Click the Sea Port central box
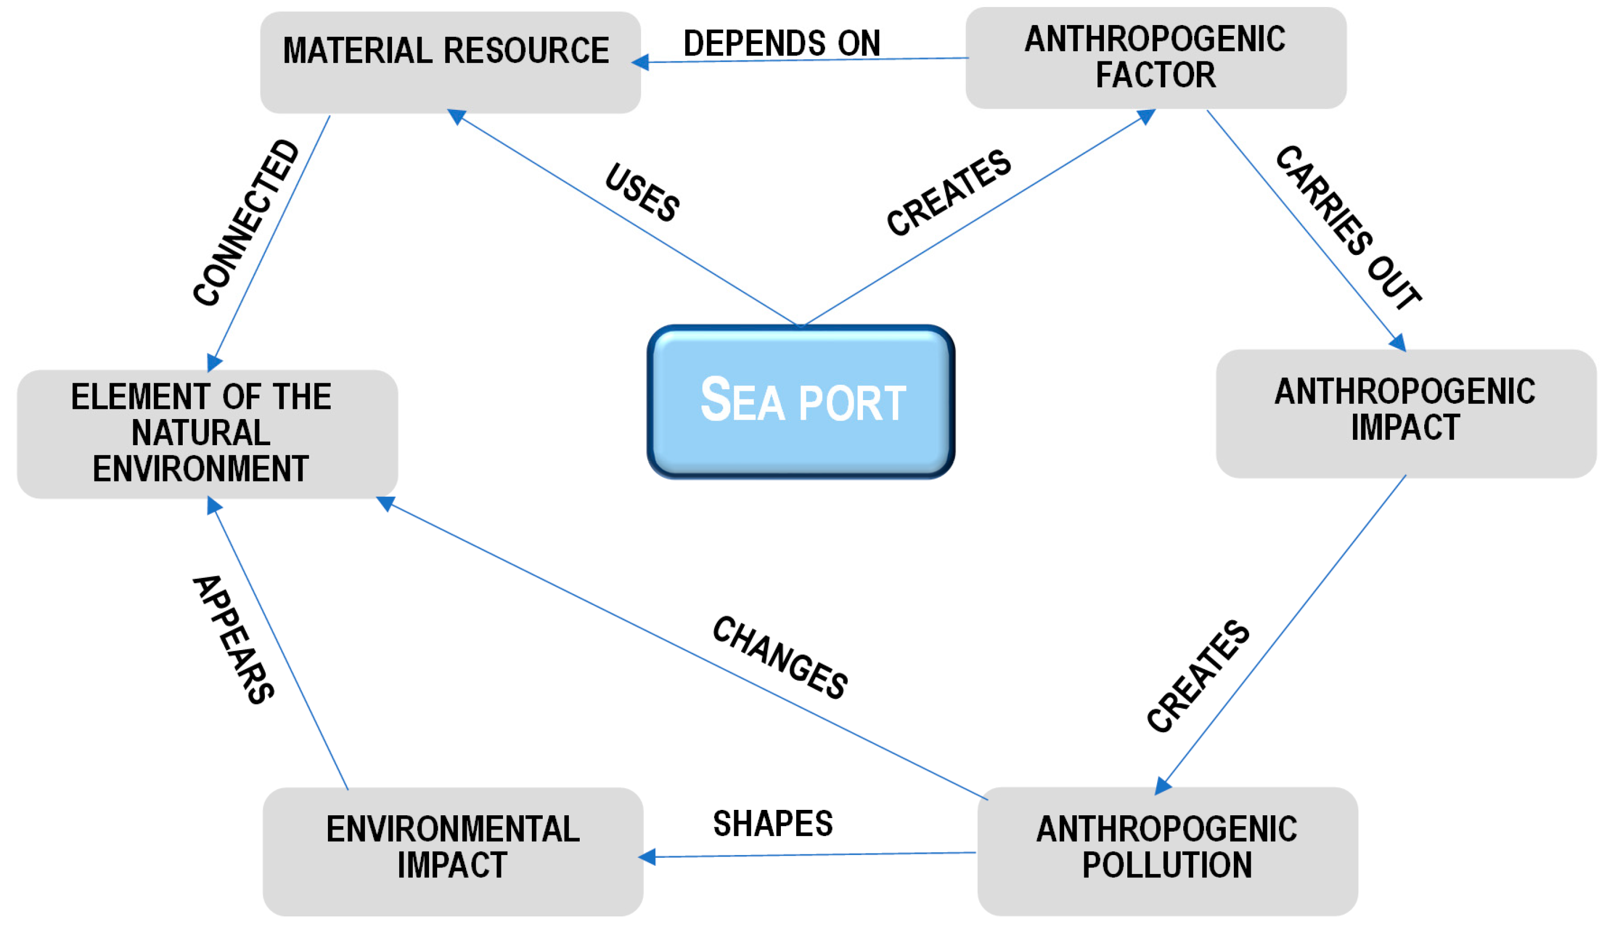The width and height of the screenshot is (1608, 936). click(801, 402)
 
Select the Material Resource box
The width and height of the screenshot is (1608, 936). click(450, 62)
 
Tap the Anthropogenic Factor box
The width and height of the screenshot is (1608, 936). click(1156, 58)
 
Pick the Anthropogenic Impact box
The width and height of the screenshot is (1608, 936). click(1406, 413)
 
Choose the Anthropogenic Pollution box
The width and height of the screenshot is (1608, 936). click(1167, 851)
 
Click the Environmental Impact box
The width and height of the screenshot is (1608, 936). click(452, 851)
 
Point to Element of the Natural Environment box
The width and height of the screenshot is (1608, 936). click(207, 434)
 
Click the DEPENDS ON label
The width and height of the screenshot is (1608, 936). click(781, 43)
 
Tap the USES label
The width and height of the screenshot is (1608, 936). click(642, 192)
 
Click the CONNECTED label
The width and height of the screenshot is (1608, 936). click(246, 222)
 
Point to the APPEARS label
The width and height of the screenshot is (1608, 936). click(233, 640)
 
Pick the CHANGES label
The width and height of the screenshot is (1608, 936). click(780, 657)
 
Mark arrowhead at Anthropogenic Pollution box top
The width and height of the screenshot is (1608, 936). click(1163, 785)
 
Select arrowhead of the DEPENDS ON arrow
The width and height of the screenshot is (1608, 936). click(640, 63)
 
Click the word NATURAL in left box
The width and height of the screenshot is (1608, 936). click(201, 433)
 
